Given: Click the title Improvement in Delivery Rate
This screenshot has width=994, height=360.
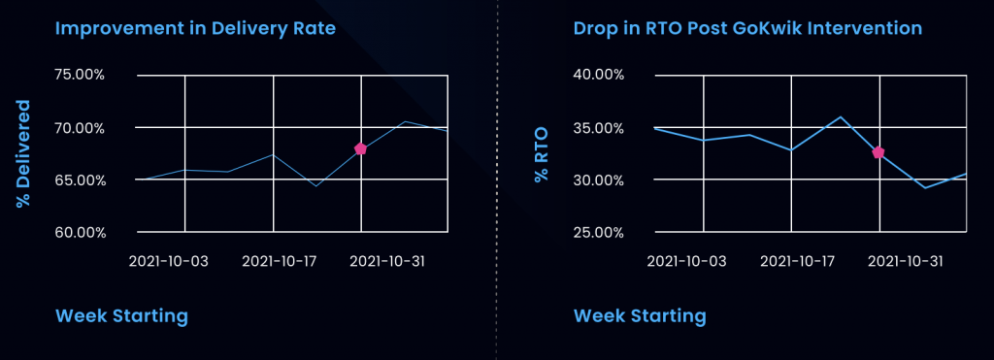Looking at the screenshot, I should (195, 28).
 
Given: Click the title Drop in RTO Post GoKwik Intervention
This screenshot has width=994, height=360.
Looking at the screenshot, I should (747, 28).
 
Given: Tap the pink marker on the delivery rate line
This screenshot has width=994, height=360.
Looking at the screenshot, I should (360, 148).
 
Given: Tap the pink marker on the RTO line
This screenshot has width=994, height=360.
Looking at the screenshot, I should (878, 152).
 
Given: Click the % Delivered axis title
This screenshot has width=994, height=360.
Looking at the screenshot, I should (23, 152).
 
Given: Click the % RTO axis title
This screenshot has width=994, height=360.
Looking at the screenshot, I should (541, 152).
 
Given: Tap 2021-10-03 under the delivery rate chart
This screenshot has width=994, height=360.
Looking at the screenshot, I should (169, 261).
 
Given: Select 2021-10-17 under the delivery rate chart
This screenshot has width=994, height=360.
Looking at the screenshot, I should (281, 261).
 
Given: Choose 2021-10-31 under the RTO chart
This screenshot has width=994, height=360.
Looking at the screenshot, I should (903, 261).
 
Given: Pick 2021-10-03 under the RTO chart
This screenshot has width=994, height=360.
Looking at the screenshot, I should (686, 261).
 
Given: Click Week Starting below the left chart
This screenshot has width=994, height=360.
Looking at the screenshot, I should (121, 316).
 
